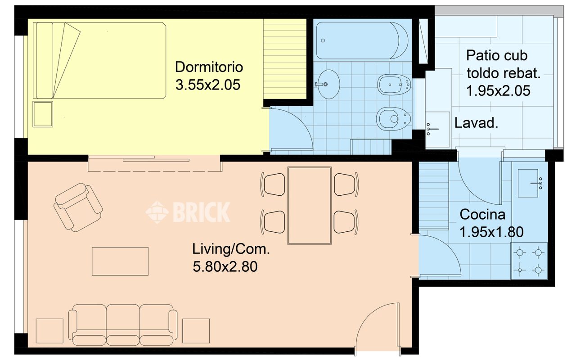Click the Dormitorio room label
[209, 67]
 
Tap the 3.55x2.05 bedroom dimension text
[208, 85]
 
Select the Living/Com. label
[231, 249]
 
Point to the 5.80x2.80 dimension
[225, 267]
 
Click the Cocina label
[482, 215]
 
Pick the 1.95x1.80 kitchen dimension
[491, 232]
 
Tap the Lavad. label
[476, 123]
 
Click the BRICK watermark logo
[188, 212]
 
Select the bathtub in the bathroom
[362, 40]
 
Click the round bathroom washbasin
[328, 84]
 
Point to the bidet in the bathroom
[394, 85]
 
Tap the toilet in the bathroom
[393, 119]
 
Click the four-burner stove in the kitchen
[529, 261]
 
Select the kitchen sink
[528, 183]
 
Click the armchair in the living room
[78, 207]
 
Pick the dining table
[309, 206]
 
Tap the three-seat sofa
[123, 325]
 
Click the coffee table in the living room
[120, 261]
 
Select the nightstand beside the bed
[43, 114]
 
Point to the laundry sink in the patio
[437, 129]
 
